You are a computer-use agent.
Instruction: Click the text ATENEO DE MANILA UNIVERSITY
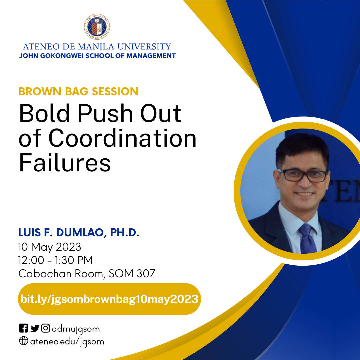pyautogui.click(x=97, y=46)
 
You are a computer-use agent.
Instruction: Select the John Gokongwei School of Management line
pyautogui.click(x=97, y=56)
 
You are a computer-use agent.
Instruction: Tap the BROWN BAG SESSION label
pyautogui.click(x=78, y=91)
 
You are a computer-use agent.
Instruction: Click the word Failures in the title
pyautogui.click(x=64, y=163)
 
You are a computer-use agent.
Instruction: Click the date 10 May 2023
pyautogui.click(x=50, y=247)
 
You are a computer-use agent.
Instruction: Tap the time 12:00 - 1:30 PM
pyautogui.click(x=56, y=260)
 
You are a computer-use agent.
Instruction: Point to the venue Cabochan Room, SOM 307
pyautogui.click(x=87, y=273)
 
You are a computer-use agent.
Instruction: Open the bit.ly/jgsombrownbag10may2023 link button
pyautogui.click(x=109, y=299)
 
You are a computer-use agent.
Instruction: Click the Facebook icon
pyautogui.click(x=23, y=329)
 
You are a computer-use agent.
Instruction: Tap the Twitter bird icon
pyautogui.click(x=35, y=329)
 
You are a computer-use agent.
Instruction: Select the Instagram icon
pyautogui.click(x=46, y=329)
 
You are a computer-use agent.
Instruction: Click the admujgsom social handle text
pyautogui.click(x=76, y=329)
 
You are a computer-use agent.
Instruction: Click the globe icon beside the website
pyautogui.click(x=23, y=341)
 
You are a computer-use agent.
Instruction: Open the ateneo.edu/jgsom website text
pyautogui.click(x=67, y=342)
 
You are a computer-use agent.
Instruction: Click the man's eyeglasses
pyautogui.click(x=304, y=175)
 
